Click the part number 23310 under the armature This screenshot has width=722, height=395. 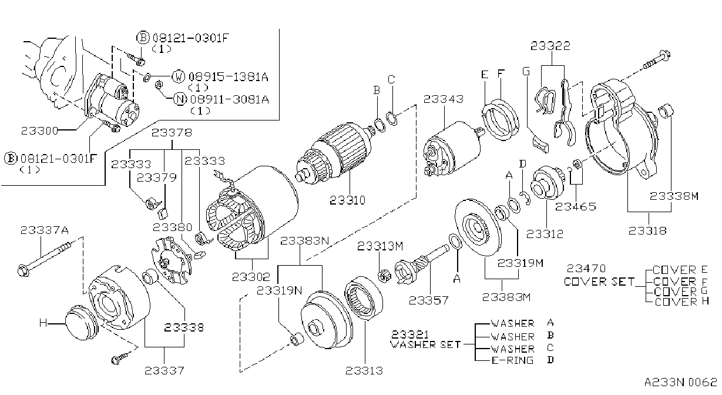click(x=347, y=200)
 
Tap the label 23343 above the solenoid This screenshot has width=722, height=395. click(x=443, y=99)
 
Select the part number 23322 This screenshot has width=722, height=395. click(x=550, y=46)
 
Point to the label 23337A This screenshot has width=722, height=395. click(x=45, y=230)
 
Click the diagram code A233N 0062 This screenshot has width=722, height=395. click(x=681, y=382)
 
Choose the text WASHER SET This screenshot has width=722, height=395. click(x=425, y=344)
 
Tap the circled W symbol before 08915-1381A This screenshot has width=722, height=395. click(x=178, y=76)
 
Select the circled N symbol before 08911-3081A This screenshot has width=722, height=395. click(x=180, y=99)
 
